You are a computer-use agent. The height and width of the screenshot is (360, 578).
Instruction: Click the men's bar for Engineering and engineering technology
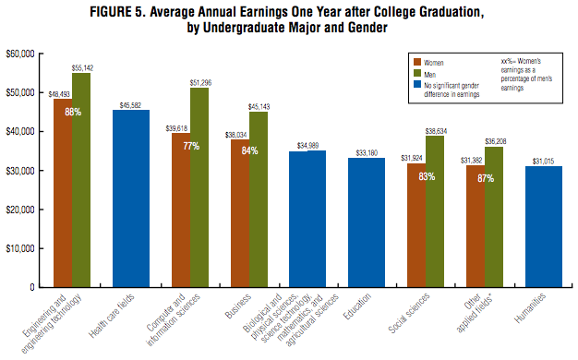[81, 180]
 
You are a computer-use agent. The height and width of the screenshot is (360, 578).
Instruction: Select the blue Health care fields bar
[131, 198]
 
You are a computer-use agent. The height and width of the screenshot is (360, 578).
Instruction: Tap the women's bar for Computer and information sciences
[181, 210]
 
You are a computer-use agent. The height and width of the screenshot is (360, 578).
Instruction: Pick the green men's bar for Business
[259, 199]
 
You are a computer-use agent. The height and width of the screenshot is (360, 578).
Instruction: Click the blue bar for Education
[367, 222]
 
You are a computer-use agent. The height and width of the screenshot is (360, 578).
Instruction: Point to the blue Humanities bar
[544, 226]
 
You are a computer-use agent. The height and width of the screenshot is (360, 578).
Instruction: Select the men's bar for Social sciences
[435, 211]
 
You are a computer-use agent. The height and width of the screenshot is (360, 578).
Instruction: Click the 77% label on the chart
[191, 146]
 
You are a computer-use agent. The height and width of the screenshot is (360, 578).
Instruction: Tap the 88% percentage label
[73, 112]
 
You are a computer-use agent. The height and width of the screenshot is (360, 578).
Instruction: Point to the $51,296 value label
[200, 83]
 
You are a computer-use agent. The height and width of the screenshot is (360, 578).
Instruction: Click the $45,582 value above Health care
[130, 105]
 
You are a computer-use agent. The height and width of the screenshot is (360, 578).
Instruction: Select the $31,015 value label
[543, 162]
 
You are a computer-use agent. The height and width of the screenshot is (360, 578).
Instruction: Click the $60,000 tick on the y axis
[20, 54]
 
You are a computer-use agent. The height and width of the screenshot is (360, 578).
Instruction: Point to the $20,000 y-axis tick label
[20, 210]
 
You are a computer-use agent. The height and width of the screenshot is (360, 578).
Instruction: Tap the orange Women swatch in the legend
[417, 62]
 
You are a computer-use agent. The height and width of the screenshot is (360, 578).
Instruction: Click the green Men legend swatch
[417, 73]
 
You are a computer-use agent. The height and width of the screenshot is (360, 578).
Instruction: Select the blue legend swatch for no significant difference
[417, 84]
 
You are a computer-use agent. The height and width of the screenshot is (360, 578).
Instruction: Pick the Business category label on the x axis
[238, 306]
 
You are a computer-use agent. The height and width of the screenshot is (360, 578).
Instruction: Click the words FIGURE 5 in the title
[117, 12]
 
